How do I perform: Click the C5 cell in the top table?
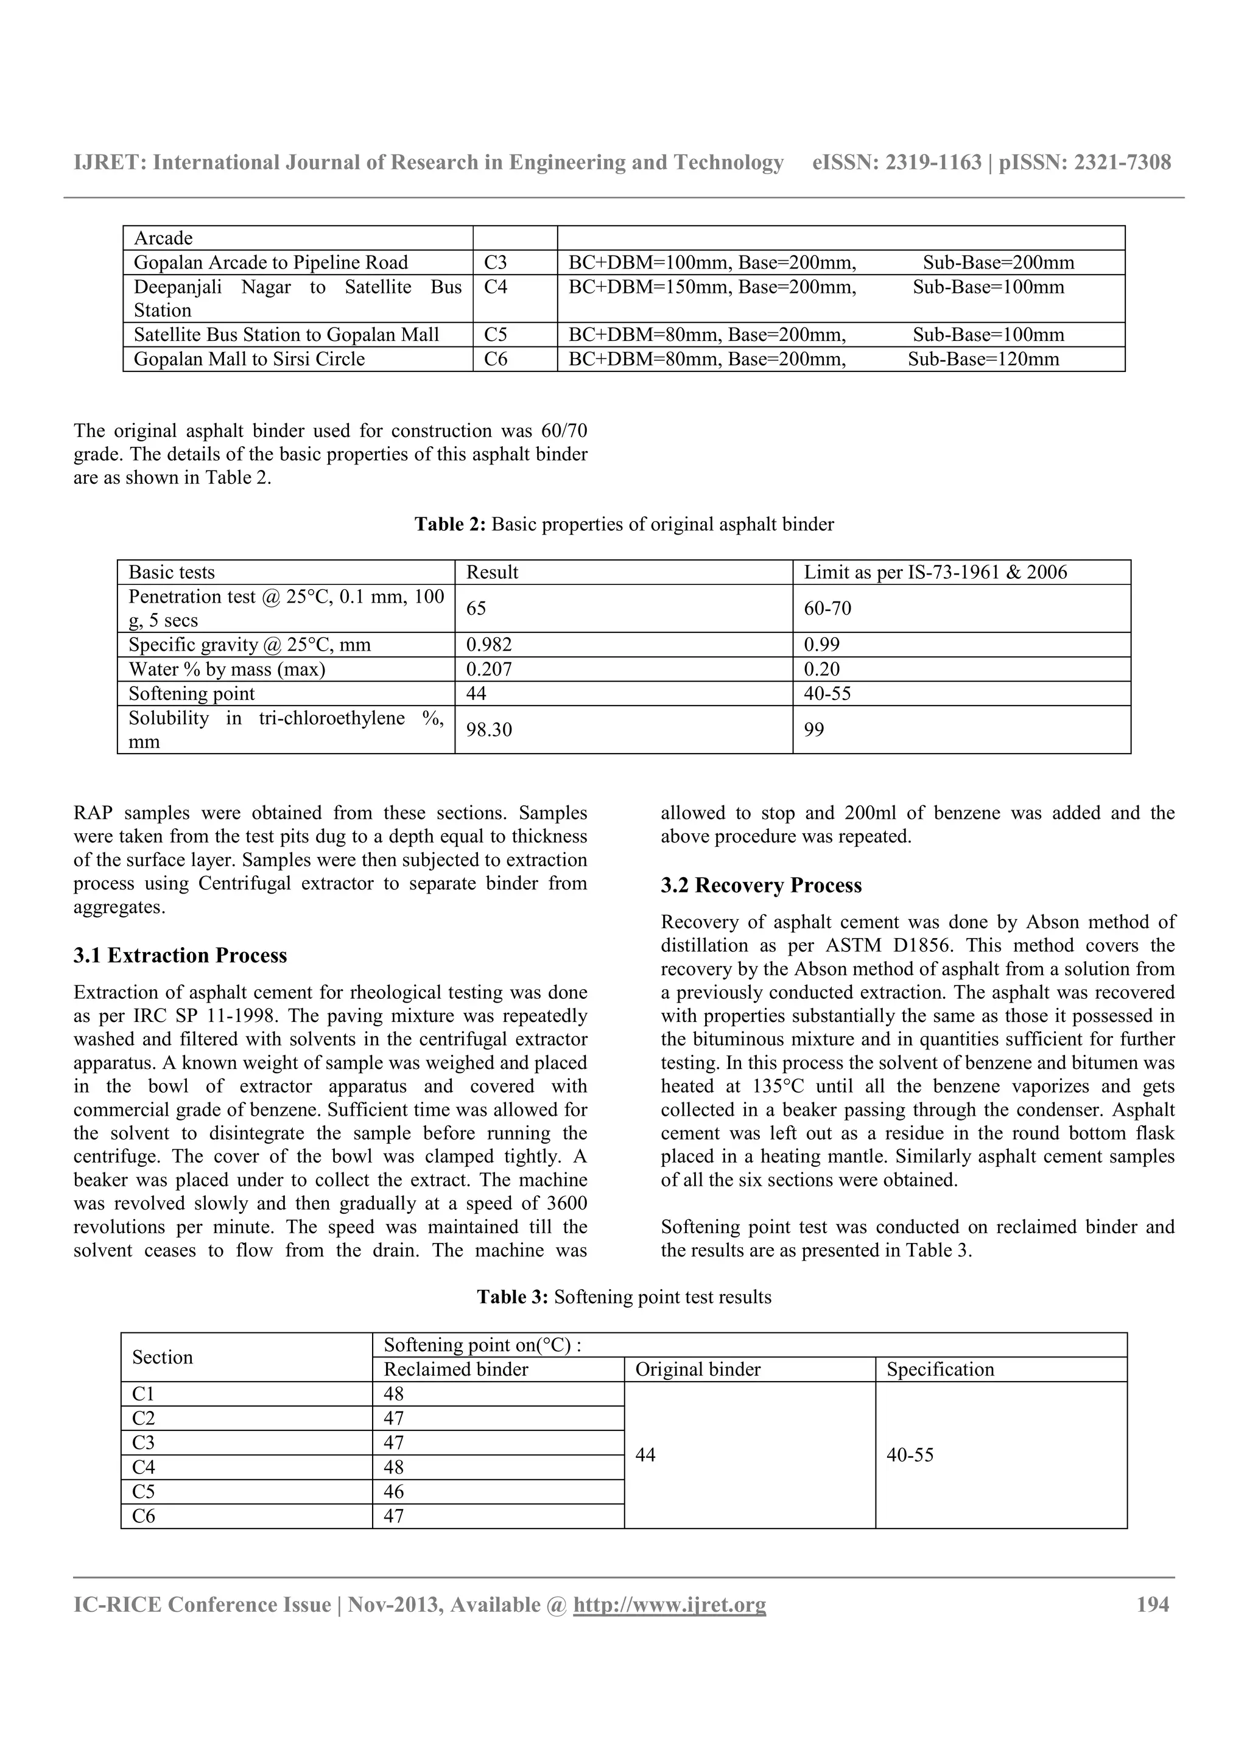(x=496, y=335)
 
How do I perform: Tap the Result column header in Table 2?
(x=492, y=572)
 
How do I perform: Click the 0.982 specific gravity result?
(x=489, y=645)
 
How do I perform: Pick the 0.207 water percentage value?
(x=489, y=669)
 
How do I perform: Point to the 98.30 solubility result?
(x=489, y=729)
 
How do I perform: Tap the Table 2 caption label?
(x=450, y=525)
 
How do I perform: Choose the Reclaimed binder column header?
(x=455, y=1370)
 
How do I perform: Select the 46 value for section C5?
(x=393, y=1492)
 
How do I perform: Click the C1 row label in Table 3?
(x=143, y=1395)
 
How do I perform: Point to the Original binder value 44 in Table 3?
(x=645, y=1455)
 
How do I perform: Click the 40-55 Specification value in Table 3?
(x=910, y=1455)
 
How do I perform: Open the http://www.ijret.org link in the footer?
(x=669, y=1605)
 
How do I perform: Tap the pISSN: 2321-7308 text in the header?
(x=1085, y=163)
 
